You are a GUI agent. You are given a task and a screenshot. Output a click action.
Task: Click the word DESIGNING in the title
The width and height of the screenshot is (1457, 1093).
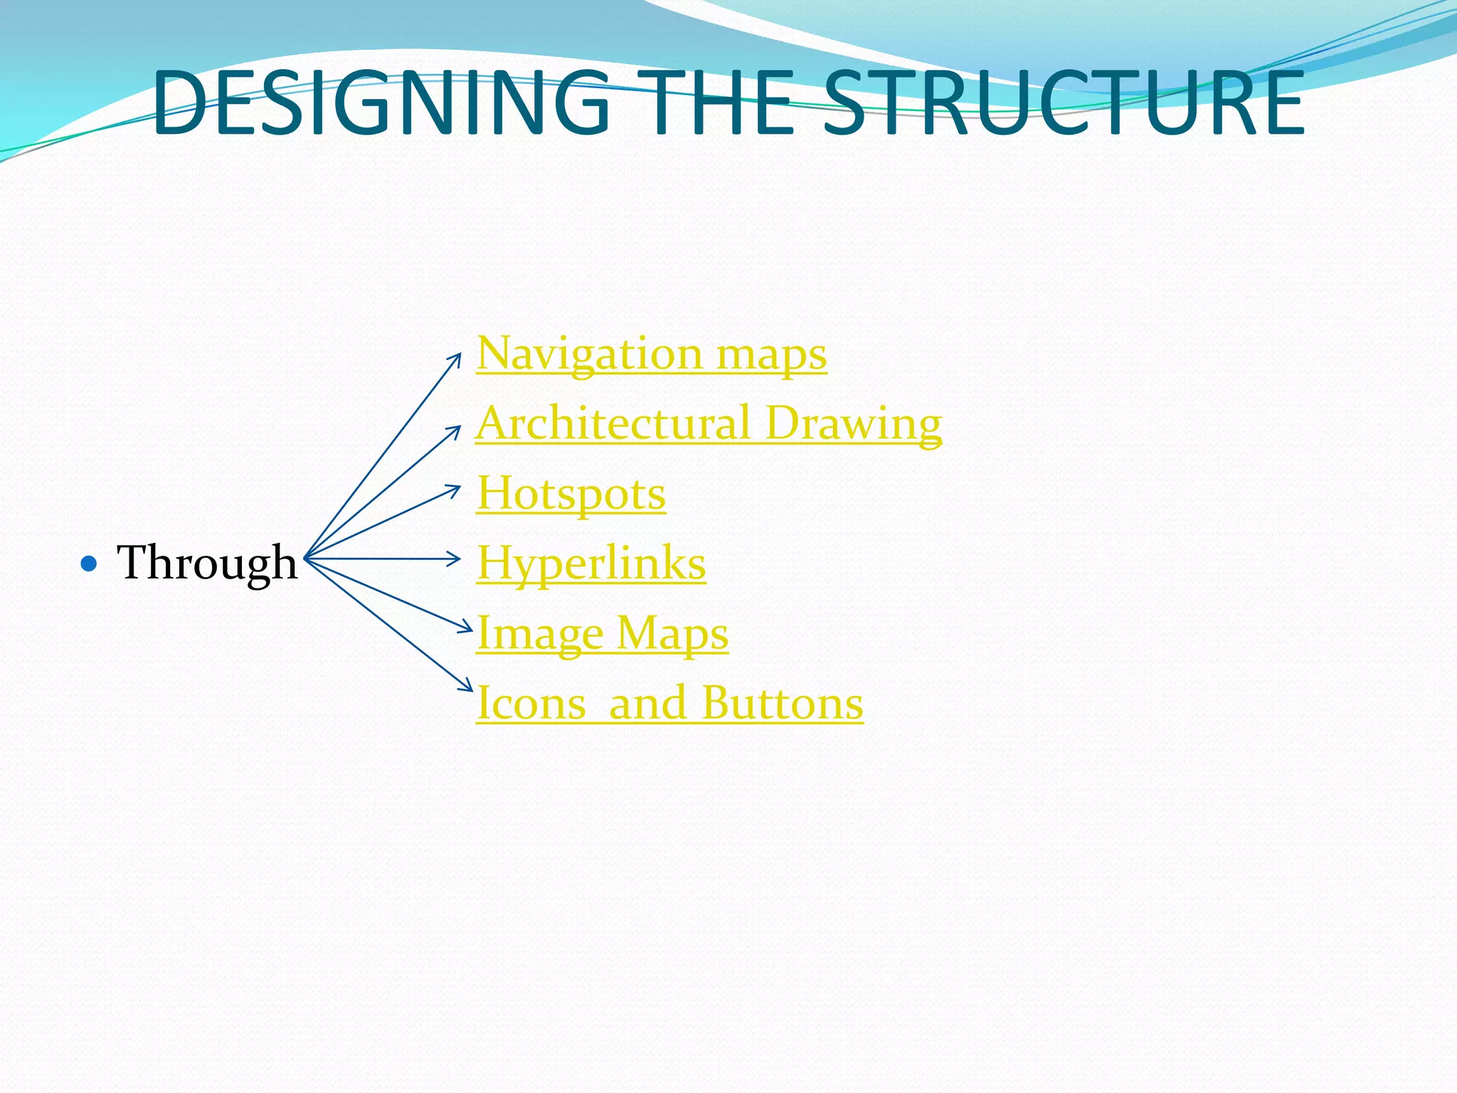pos(381,103)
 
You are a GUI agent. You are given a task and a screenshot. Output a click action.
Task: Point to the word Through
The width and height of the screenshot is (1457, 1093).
pos(207,563)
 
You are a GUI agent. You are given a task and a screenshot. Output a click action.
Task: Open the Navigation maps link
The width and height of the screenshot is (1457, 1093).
pos(651,353)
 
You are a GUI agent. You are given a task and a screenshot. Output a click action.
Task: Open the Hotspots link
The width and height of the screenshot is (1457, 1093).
pos(571,493)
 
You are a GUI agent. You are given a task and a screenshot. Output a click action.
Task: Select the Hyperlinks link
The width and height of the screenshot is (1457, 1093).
pos(590,564)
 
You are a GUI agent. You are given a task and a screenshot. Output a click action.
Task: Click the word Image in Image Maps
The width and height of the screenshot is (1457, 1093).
pos(539,633)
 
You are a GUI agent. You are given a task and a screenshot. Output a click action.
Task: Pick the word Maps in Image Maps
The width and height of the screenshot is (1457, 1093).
pos(672,633)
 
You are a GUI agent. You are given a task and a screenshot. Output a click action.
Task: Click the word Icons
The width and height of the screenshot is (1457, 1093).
pos(531,703)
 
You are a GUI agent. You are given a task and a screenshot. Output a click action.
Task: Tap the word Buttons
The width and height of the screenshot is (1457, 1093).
pos(782,703)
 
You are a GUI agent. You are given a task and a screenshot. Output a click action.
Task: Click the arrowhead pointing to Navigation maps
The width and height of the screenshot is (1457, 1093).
pos(457,358)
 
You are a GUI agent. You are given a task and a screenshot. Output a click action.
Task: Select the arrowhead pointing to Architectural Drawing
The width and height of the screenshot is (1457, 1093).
pos(457,430)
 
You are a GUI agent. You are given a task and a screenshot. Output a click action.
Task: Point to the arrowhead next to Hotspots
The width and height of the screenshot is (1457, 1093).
pos(456,488)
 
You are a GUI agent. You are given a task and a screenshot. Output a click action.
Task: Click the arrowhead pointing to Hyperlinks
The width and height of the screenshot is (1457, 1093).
pos(456,559)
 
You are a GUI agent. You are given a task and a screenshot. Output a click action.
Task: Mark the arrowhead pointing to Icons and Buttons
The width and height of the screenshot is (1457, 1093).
pos(467,686)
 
